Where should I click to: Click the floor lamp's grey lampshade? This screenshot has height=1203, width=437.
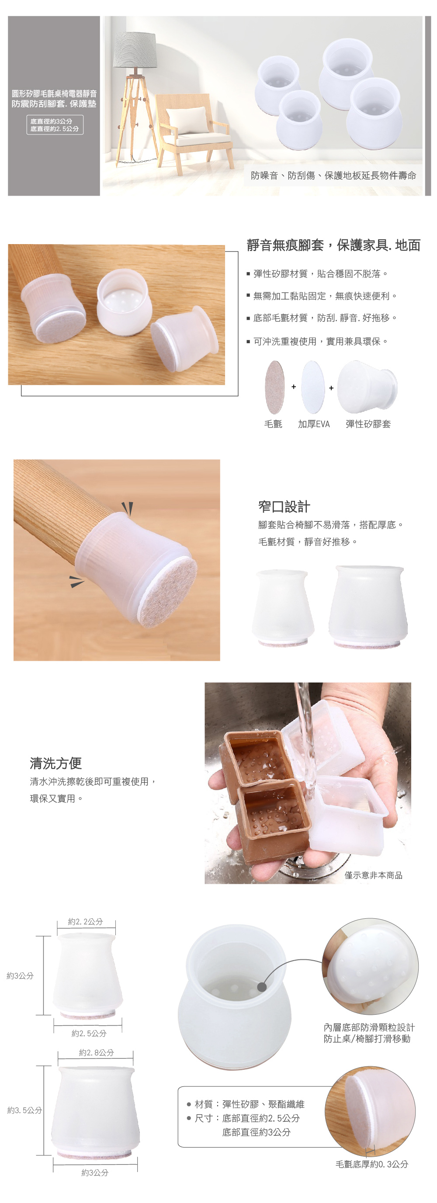click(x=135, y=49)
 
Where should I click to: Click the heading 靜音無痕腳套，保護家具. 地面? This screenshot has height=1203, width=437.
click(x=333, y=245)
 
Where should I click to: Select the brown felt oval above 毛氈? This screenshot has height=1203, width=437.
click(x=274, y=387)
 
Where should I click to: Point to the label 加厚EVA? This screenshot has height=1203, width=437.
click(x=314, y=424)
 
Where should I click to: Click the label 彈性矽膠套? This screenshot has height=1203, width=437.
click(x=368, y=424)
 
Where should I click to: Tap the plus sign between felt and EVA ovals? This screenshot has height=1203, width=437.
click(x=294, y=387)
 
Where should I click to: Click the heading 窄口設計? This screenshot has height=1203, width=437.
click(x=284, y=506)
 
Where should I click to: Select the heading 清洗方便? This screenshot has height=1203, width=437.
click(x=55, y=763)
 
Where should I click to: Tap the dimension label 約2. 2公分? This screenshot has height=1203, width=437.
click(x=85, y=921)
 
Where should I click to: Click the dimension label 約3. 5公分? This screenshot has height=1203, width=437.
click(x=24, y=1110)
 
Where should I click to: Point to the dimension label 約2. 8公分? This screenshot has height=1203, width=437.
click(x=96, y=1052)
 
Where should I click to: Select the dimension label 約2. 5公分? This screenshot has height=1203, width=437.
click(x=89, y=1033)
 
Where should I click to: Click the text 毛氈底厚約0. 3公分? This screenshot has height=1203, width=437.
click(x=371, y=1164)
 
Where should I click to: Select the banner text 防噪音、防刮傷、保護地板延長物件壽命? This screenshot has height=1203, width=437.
click(x=333, y=176)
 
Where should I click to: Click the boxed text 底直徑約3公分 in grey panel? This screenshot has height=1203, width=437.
click(x=52, y=121)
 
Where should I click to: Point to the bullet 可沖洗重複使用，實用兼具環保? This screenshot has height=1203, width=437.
click(x=317, y=341)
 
